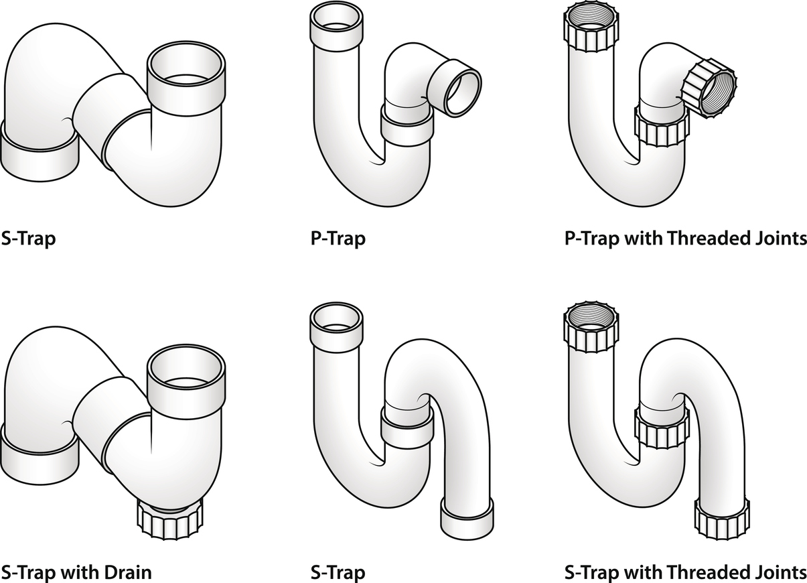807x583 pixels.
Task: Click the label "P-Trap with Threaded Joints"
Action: point(685,239)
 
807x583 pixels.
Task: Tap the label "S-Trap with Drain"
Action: point(76,572)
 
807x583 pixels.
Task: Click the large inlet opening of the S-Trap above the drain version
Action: point(187,70)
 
